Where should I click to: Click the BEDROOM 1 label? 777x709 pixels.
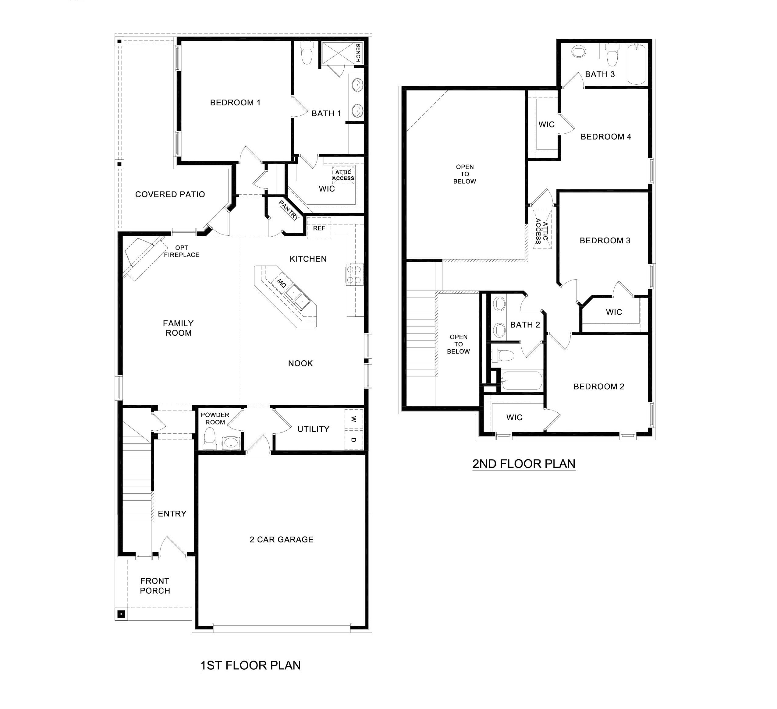click(235, 103)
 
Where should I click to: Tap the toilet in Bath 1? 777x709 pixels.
click(307, 53)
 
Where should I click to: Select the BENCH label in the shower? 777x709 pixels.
click(358, 53)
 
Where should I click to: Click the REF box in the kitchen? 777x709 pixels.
click(319, 228)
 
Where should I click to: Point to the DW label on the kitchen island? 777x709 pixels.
click(281, 284)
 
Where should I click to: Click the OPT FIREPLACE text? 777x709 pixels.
click(182, 251)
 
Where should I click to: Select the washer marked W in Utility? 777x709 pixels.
click(353, 419)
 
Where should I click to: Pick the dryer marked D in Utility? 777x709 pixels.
click(353, 440)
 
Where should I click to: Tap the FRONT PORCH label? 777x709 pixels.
click(155, 586)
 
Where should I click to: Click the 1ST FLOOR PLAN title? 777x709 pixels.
click(250, 665)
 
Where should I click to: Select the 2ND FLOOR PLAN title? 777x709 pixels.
click(524, 464)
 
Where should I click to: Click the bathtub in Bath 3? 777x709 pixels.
click(636, 64)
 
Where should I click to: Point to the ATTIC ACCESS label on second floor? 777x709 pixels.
click(541, 232)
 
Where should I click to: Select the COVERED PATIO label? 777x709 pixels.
click(170, 195)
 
